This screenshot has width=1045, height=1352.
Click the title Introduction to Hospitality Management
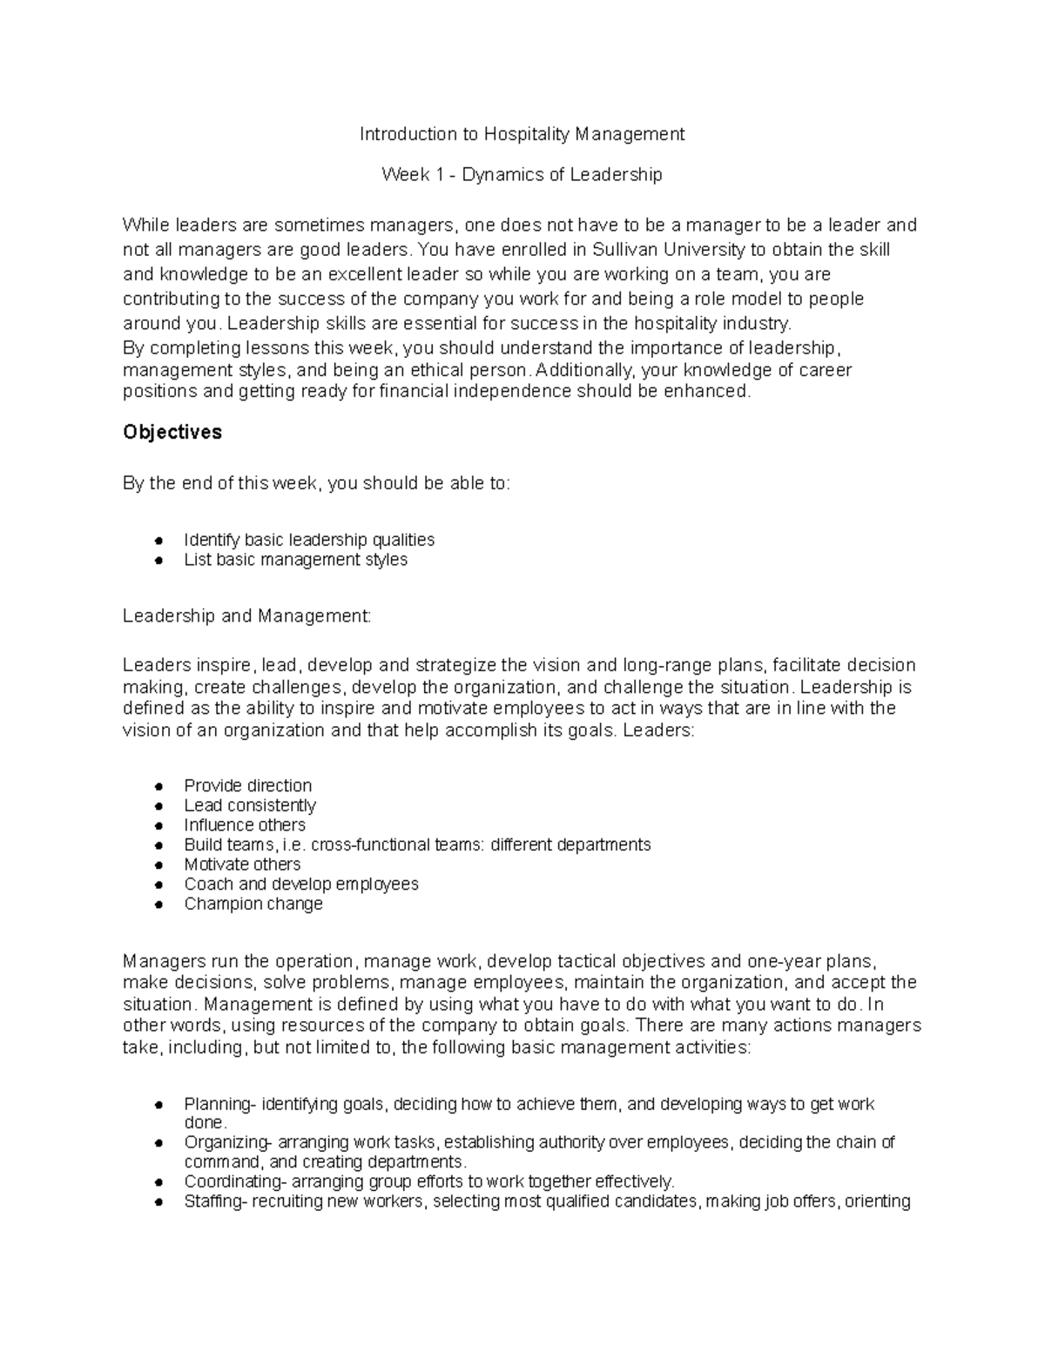(x=522, y=134)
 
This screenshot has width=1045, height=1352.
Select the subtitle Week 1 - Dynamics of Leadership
(x=522, y=175)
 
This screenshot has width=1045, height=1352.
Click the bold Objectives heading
(x=172, y=433)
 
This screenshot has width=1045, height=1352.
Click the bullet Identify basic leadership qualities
(x=309, y=540)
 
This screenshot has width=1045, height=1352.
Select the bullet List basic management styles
(x=295, y=560)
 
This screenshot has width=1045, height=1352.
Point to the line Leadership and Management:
(x=246, y=616)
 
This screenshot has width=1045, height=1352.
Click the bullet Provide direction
(x=247, y=785)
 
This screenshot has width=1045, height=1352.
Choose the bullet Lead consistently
(x=249, y=805)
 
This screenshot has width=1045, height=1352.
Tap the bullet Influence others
(x=245, y=824)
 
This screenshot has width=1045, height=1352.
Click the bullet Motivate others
(x=242, y=864)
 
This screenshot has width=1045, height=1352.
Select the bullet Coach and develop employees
(x=300, y=885)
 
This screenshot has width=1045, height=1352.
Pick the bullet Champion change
(x=253, y=904)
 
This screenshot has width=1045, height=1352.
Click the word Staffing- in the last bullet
(x=218, y=1202)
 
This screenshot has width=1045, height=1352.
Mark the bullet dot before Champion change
(x=158, y=905)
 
